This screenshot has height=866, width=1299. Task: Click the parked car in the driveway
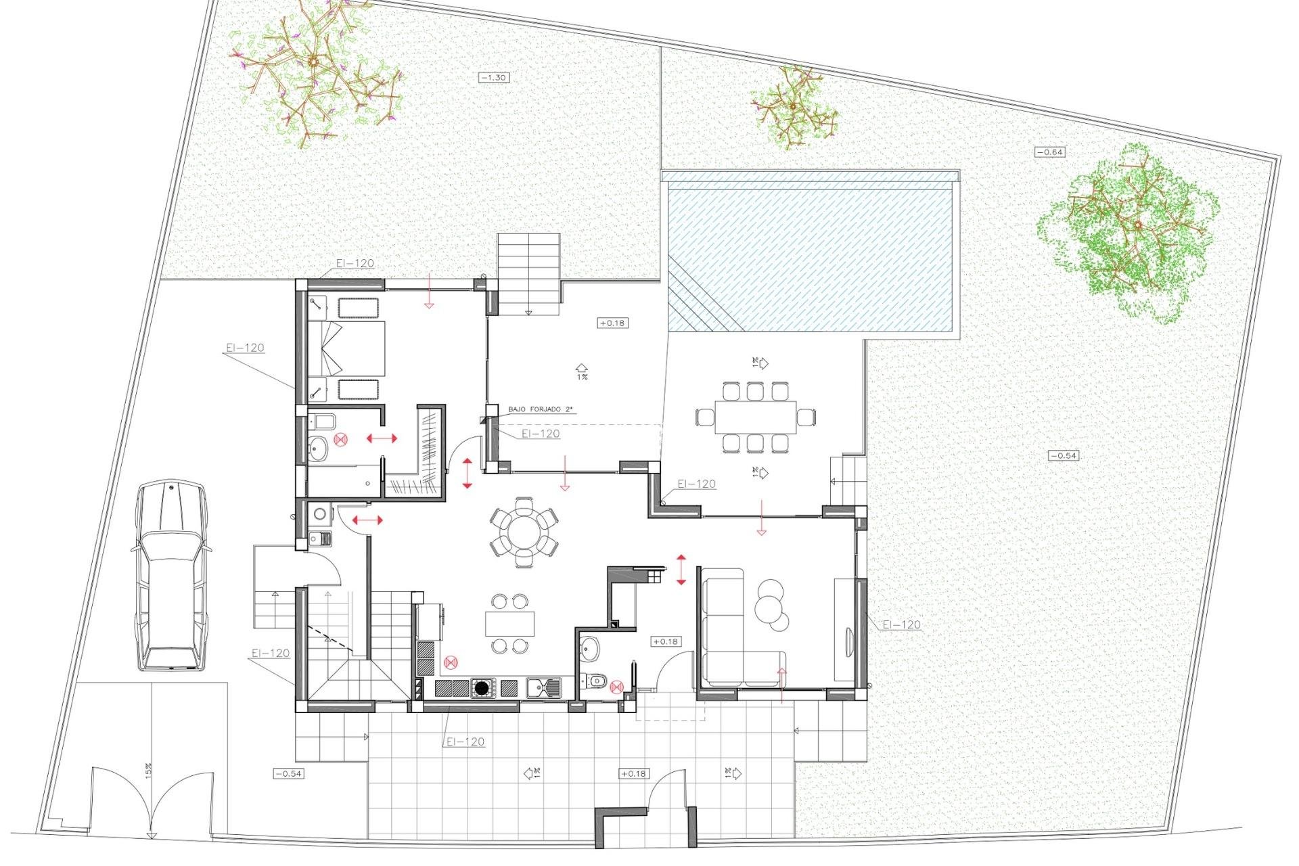(170, 576)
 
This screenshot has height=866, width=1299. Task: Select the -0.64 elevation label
(1050, 152)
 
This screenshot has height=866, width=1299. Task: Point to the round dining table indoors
(524, 532)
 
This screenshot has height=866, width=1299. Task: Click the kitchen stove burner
(482, 689)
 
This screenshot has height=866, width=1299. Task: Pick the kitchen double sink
(543, 688)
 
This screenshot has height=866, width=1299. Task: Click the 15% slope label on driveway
(148, 770)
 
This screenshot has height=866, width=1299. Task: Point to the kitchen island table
(509, 623)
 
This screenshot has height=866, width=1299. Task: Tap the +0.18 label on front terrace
(633, 773)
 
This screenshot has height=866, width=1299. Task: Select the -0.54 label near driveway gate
(288, 773)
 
